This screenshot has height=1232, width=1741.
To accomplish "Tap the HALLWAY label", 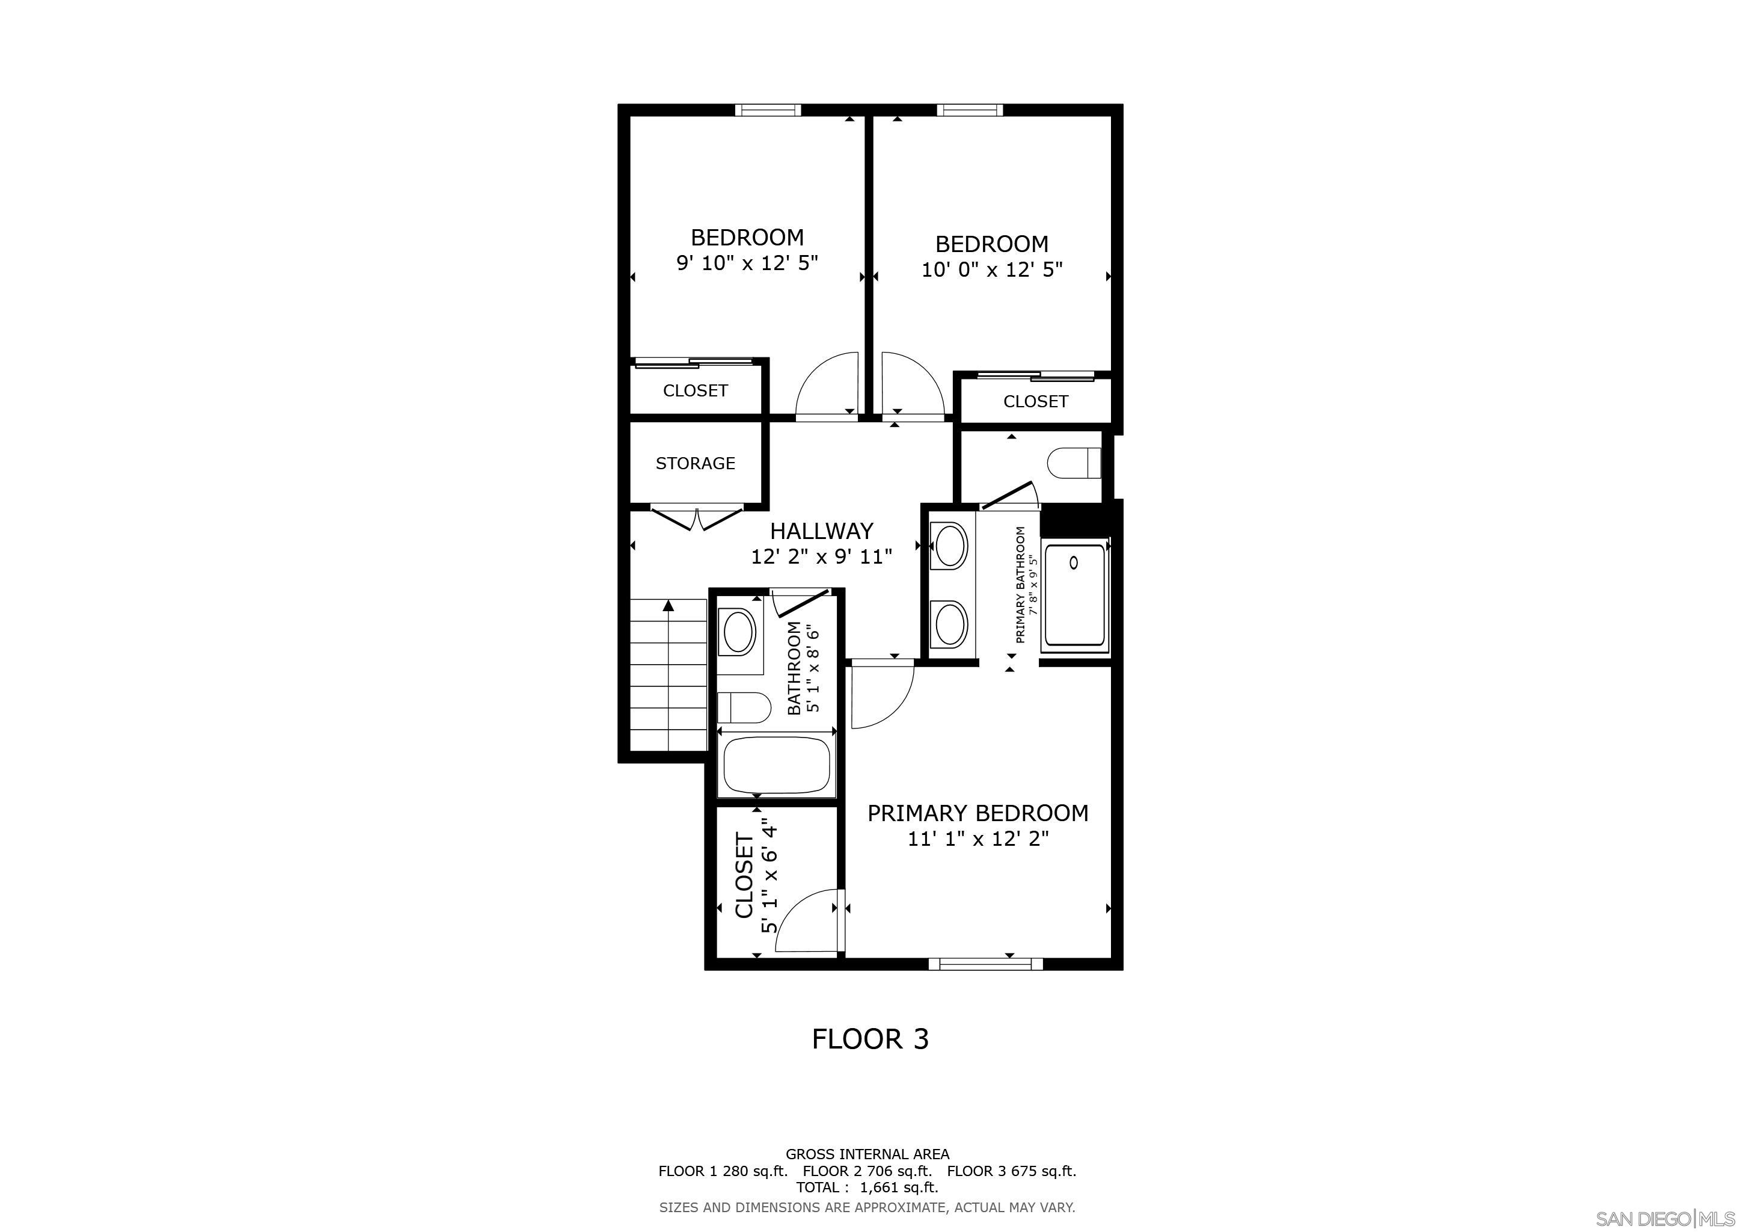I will click(x=821, y=530).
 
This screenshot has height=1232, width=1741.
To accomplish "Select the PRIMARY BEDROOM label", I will click(x=978, y=813).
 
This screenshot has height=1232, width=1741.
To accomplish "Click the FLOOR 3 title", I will click(x=870, y=1038).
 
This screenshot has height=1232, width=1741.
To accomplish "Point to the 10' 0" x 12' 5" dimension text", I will click(x=992, y=269).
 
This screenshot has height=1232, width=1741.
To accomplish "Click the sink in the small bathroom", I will click(x=739, y=632).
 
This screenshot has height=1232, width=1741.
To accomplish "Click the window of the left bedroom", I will click(x=767, y=110).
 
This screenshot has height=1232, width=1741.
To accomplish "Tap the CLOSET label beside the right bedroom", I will click(x=1035, y=401).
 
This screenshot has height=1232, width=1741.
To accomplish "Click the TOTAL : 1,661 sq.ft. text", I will click(x=867, y=1187).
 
